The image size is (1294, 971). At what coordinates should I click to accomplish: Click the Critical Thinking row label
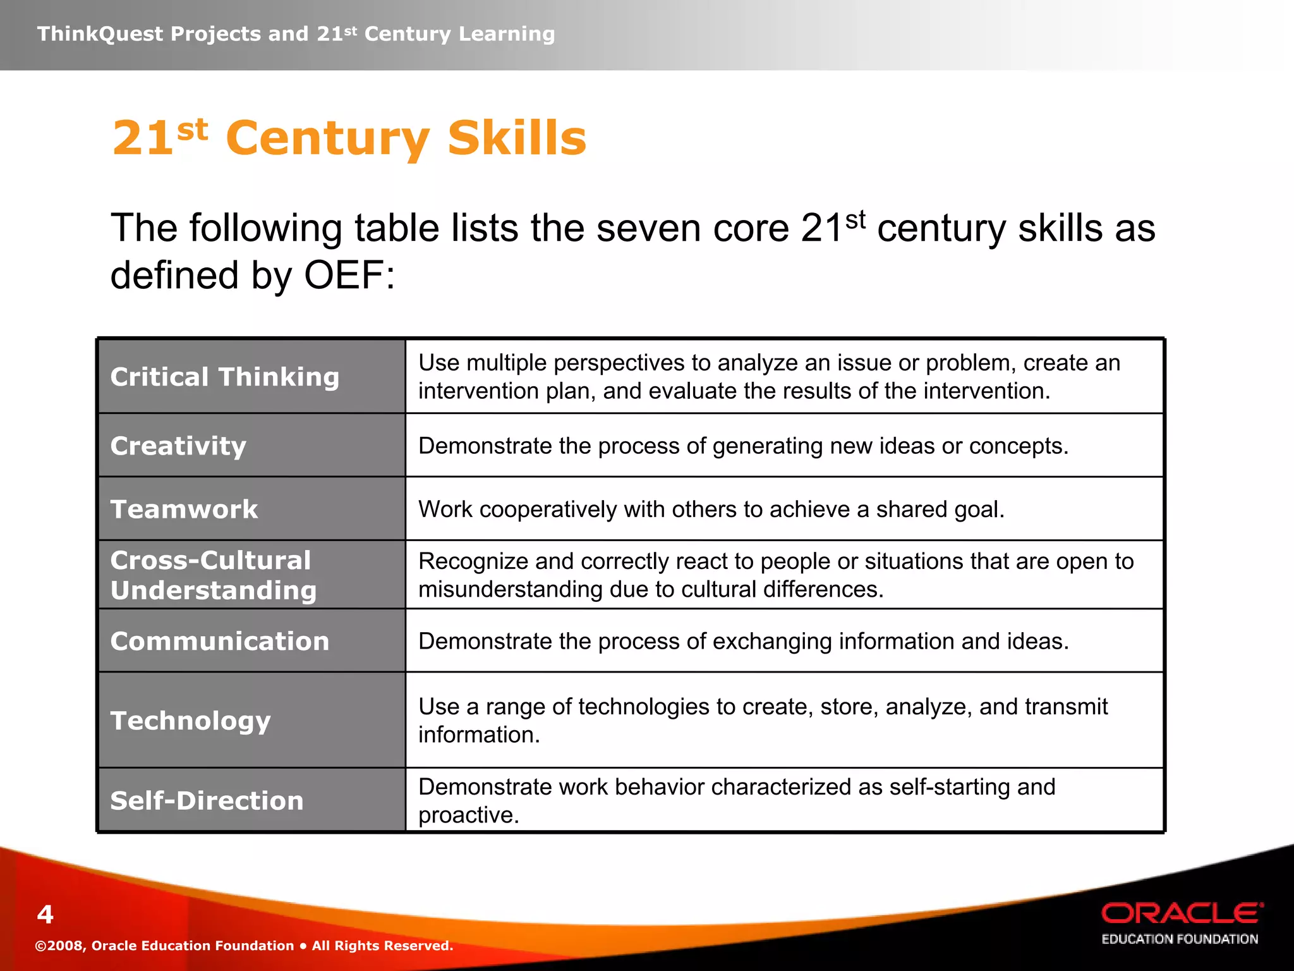[225, 377]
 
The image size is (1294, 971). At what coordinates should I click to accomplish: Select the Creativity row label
[178, 446]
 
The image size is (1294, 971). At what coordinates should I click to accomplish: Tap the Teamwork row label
[184, 510]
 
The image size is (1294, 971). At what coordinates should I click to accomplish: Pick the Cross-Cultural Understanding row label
[213, 575]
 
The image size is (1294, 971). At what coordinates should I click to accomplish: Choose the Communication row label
[220, 642]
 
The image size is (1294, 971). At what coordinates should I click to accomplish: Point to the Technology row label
[190, 721]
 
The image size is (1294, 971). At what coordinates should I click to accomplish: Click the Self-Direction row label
[207, 801]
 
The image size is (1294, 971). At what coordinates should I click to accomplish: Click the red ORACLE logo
[1182, 913]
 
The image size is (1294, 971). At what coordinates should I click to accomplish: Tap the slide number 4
[45, 915]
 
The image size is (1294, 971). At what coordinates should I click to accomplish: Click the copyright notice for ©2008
[244, 946]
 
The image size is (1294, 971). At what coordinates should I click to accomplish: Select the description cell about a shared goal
[711, 510]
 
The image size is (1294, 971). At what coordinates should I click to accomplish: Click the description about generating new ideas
[743, 446]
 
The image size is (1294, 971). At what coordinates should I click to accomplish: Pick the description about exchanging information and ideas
[743, 642]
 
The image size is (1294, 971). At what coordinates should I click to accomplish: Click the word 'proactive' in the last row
[468, 815]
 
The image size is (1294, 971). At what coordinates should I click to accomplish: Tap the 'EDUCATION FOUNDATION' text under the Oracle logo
[1180, 939]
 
